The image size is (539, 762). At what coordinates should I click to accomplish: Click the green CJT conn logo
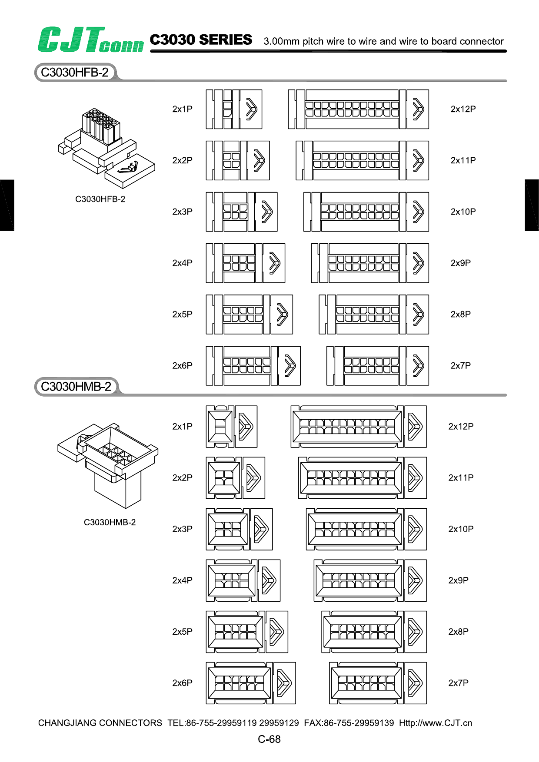point(90,40)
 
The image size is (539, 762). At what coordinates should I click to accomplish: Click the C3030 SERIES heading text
point(201,40)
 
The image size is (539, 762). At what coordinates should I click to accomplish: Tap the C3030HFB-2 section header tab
point(75,73)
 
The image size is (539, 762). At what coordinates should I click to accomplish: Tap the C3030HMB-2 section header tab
point(76,387)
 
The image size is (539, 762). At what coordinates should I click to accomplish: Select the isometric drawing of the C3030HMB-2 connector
point(108,465)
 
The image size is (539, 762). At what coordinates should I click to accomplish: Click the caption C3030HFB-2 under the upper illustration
point(100,199)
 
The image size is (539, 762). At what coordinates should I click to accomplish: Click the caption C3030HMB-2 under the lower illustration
point(110,523)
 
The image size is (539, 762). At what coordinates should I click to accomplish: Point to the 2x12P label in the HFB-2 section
point(463,109)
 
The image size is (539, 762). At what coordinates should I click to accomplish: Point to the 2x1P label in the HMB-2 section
point(182,427)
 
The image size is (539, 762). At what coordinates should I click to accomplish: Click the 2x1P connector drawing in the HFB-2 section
point(234,109)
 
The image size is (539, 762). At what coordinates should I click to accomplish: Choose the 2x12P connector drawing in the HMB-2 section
point(359,427)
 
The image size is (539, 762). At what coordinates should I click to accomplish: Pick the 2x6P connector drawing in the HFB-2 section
point(253,366)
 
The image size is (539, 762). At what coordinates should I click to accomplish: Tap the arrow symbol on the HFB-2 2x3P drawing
point(266,212)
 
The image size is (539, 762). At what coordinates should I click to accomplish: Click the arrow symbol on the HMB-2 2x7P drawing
point(415,683)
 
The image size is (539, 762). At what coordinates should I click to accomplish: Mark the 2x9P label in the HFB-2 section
point(460,263)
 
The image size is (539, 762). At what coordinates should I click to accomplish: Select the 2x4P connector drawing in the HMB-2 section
point(243,580)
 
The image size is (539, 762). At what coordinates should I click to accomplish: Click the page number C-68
point(269,739)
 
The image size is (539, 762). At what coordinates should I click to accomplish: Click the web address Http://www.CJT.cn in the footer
point(436,723)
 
